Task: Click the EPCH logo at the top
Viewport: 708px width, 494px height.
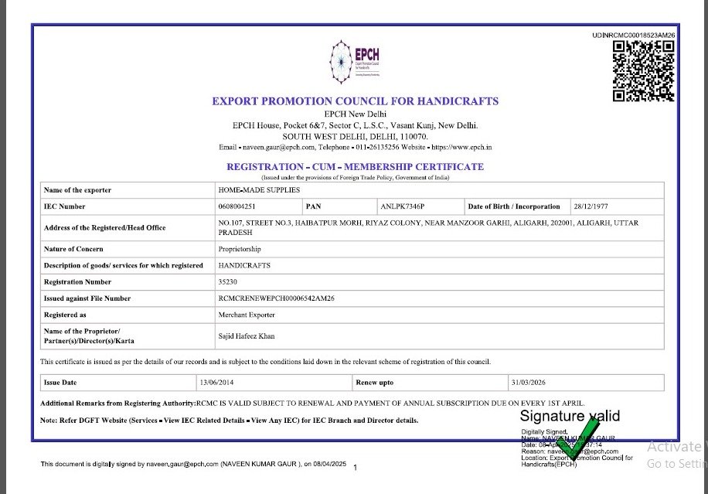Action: click(x=355, y=63)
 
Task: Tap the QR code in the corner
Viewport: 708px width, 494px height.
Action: click(x=644, y=70)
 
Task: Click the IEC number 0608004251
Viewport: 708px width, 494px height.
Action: click(x=237, y=206)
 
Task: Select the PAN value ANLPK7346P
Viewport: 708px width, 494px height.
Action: click(x=403, y=206)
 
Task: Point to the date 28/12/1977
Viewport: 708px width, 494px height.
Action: click(x=591, y=206)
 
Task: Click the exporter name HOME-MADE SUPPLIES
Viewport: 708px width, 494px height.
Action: click(x=259, y=189)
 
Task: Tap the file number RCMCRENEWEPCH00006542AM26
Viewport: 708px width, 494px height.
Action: click(x=277, y=298)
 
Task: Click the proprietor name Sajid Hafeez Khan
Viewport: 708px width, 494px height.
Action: click(x=247, y=336)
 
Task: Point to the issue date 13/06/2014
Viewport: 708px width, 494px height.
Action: click(x=216, y=383)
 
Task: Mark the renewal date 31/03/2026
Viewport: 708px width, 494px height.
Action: click(x=528, y=383)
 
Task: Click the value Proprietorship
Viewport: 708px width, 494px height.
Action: click(x=240, y=249)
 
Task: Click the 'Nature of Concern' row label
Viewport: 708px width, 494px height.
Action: click(x=73, y=249)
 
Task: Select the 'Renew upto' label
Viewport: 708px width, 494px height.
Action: click(x=375, y=383)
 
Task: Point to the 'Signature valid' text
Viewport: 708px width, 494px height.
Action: click(x=570, y=417)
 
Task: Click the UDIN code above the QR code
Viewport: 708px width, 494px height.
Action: click(x=634, y=36)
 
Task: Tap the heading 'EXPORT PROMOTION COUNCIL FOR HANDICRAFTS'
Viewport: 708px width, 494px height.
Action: click(x=355, y=101)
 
